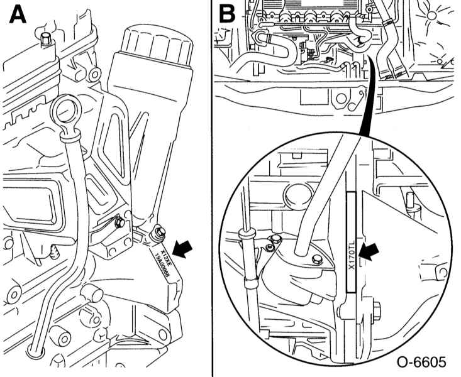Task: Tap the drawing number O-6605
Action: click(x=421, y=363)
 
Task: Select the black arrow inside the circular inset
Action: click(x=371, y=251)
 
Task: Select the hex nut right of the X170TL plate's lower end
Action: click(x=375, y=309)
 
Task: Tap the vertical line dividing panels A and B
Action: click(x=211, y=188)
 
